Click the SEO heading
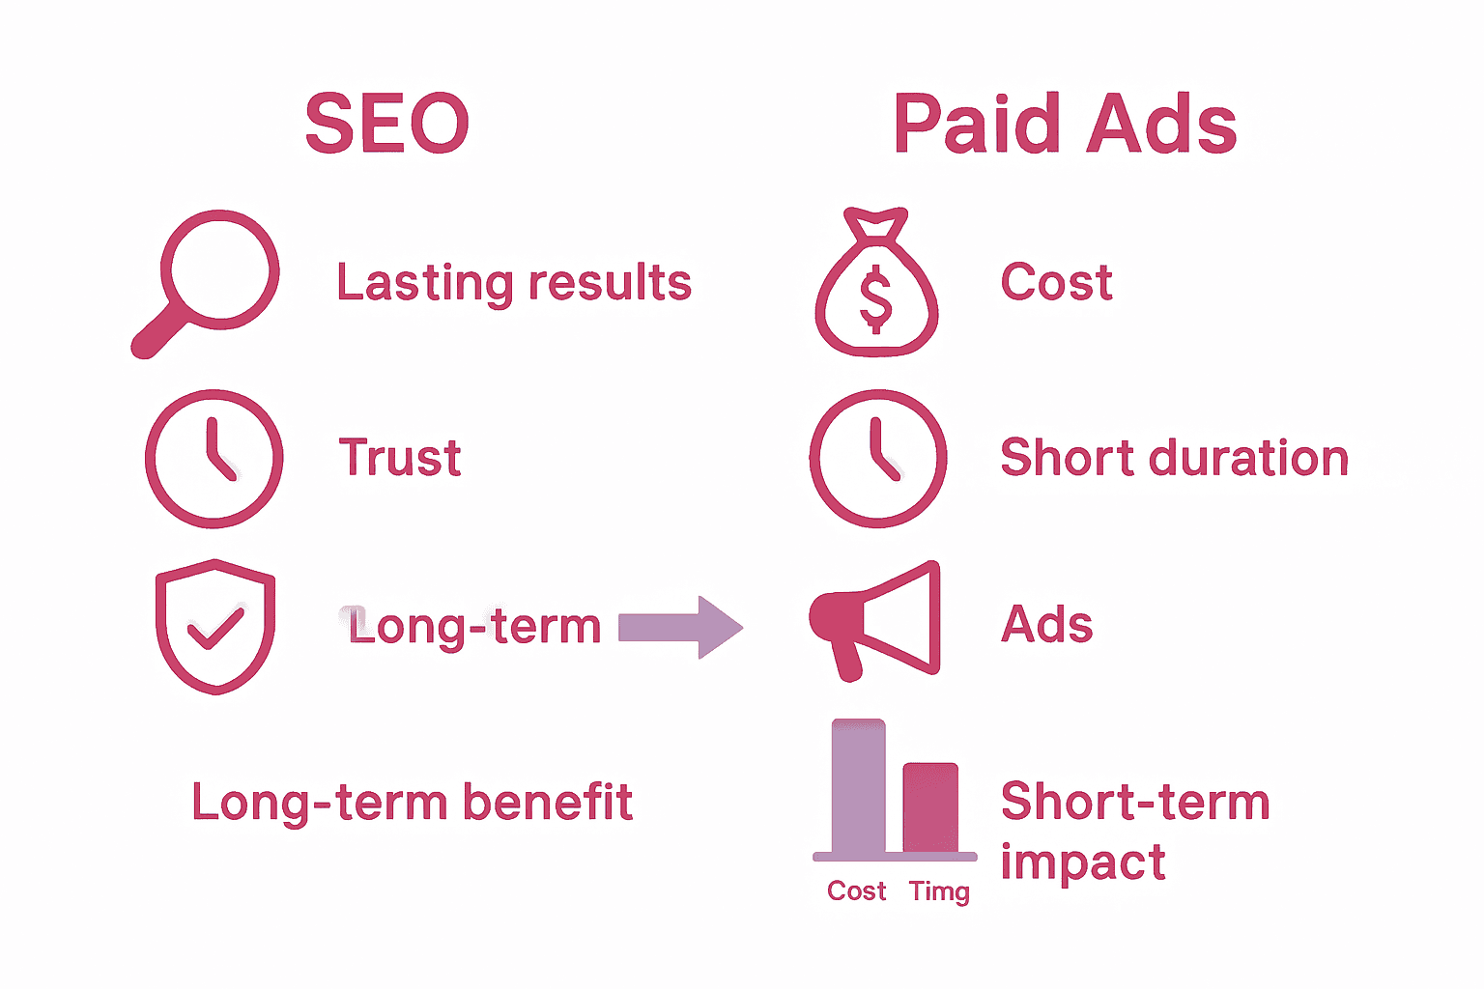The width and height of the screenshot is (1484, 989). click(x=386, y=125)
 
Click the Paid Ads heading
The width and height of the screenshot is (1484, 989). click(x=1065, y=125)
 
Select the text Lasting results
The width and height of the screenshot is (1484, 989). click(x=514, y=283)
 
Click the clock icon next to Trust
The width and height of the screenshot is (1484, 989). click(x=214, y=458)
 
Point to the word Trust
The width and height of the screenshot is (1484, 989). click(x=400, y=458)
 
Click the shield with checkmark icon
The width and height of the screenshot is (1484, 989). click(x=215, y=626)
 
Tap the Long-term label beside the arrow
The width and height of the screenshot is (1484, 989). click(x=474, y=627)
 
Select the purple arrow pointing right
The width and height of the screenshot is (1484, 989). click(x=680, y=628)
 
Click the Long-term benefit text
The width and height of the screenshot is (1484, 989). click(x=413, y=803)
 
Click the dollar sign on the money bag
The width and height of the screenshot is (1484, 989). click(x=875, y=299)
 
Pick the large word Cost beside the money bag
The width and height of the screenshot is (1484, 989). click(x=1056, y=283)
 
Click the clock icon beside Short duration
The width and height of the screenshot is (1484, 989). click(x=877, y=458)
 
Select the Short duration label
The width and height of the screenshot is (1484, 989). click(x=1174, y=458)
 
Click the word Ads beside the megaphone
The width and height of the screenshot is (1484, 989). click(x=1047, y=625)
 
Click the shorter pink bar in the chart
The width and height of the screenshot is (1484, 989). click(x=930, y=807)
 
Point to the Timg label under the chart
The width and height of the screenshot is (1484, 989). click(x=939, y=891)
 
